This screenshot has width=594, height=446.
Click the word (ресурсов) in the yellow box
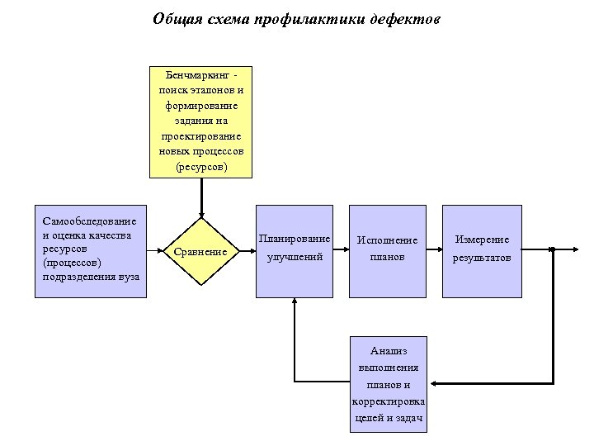[x=200, y=167]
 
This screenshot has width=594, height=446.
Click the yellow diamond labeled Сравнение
[x=200, y=251]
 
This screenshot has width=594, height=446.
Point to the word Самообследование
[x=90, y=221]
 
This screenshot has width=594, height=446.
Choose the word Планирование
[x=295, y=239]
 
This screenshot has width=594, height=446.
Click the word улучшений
[x=295, y=257]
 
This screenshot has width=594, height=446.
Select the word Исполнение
[x=387, y=240]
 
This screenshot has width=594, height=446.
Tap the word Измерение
[x=482, y=240]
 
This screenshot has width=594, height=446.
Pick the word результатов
[x=482, y=258]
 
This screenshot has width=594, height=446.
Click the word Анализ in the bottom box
[x=388, y=351]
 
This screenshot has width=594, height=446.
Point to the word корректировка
[x=388, y=401]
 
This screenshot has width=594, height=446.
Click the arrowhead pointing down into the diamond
[x=200, y=214]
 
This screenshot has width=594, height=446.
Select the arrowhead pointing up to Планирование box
[x=295, y=303]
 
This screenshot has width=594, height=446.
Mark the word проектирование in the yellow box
[x=200, y=136]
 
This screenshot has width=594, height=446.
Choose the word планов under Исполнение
[x=387, y=257]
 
